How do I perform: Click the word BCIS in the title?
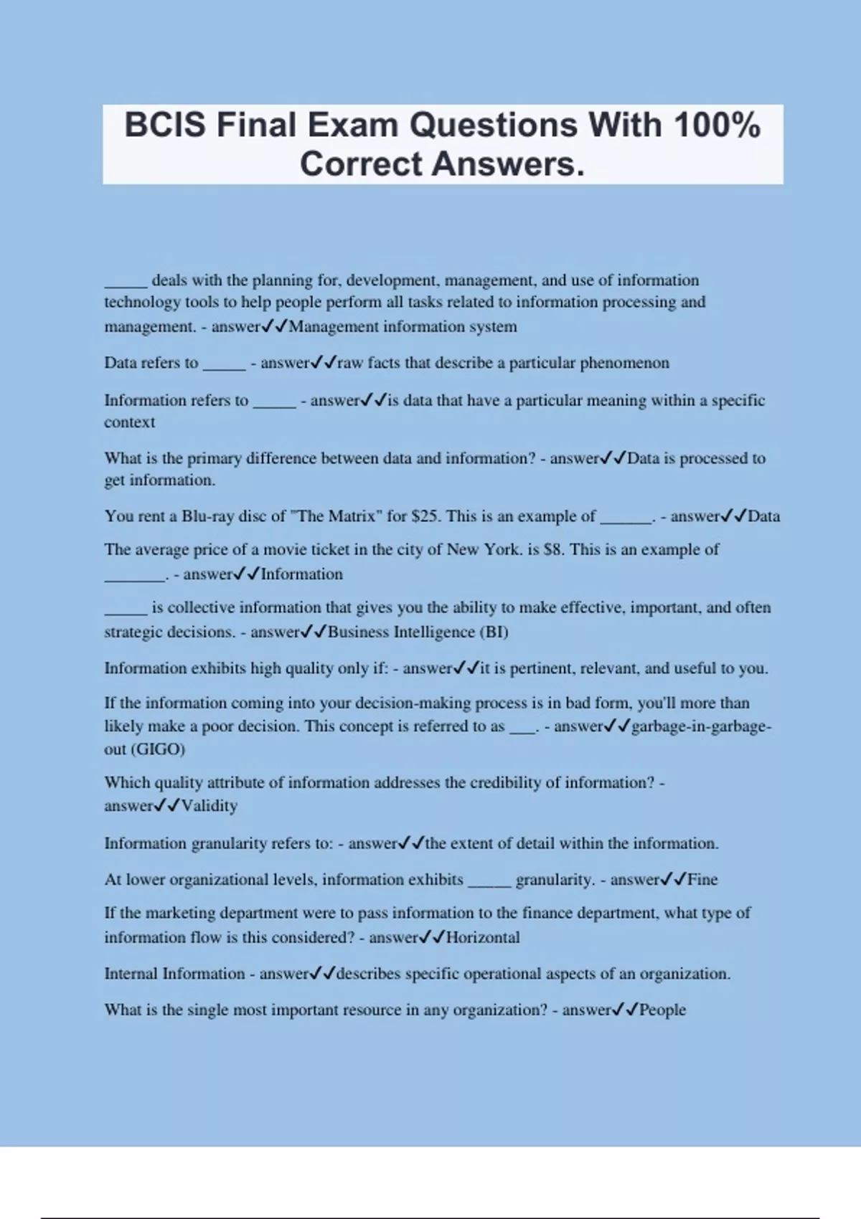pos(166,125)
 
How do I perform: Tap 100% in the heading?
pos(717,125)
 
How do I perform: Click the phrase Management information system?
pos(403,327)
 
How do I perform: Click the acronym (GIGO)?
pos(158,749)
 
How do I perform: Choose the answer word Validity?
pos(209,806)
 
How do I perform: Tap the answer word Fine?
pos(702,880)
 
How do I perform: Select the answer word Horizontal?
pos(483,938)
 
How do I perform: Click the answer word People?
pos(662,1010)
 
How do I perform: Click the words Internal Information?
pos(174,974)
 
